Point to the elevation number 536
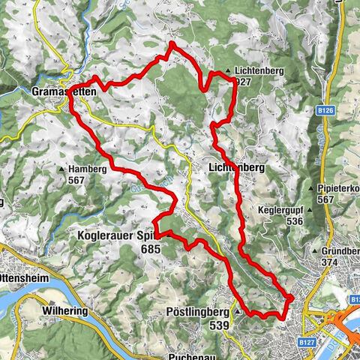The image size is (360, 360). (293, 221)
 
